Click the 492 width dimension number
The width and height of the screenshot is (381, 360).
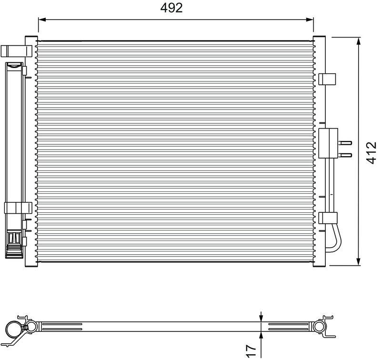pos(171,8)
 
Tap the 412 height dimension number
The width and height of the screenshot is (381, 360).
pos(372,151)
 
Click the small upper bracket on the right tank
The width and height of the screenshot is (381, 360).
pos(327,79)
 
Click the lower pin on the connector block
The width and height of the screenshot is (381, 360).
pos(346,155)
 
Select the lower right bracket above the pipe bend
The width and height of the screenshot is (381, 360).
pos(328,218)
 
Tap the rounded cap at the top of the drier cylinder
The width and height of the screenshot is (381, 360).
pos(15,66)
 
